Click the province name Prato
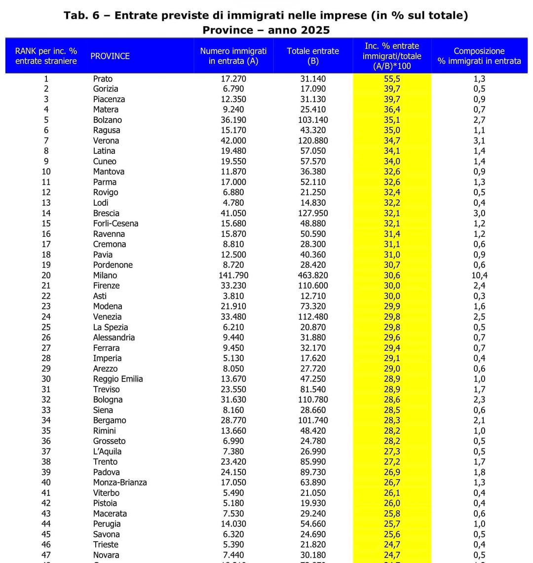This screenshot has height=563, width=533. click(103, 78)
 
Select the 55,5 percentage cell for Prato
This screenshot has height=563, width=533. click(392, 78)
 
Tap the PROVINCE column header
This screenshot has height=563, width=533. click(110, 56)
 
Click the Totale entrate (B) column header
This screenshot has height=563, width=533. click(313, 56)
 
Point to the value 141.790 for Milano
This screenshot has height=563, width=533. click(233, 275)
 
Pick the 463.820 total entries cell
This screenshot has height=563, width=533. click(313, 275)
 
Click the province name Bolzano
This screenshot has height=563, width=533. click(107, 120)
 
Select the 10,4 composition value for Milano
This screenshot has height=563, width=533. click(479, 275)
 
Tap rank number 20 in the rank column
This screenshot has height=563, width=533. click(46, 275)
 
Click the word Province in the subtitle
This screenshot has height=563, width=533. click(228, 30)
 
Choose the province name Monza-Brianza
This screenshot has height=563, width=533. click(120, 482)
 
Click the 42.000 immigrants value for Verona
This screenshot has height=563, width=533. click(233, 141)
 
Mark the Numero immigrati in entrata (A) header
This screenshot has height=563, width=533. click(233, 56)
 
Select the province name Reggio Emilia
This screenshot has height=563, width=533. click(118, 378)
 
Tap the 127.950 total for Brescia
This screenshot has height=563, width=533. click(313, 213)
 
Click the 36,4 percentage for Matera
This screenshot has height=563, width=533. click(392, 110)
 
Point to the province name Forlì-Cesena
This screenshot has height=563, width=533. click(115, 224)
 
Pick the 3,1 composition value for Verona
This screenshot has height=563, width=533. click(479, 141)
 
